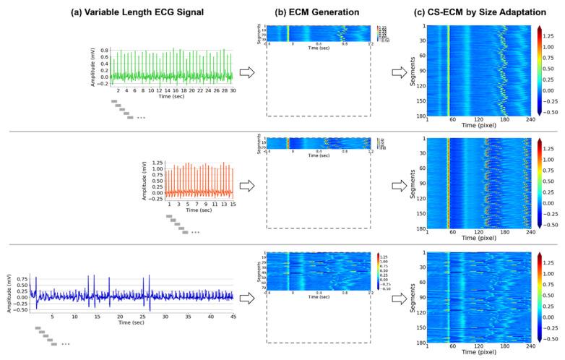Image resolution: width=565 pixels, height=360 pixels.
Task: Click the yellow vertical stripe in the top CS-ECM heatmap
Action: (448, 72)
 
